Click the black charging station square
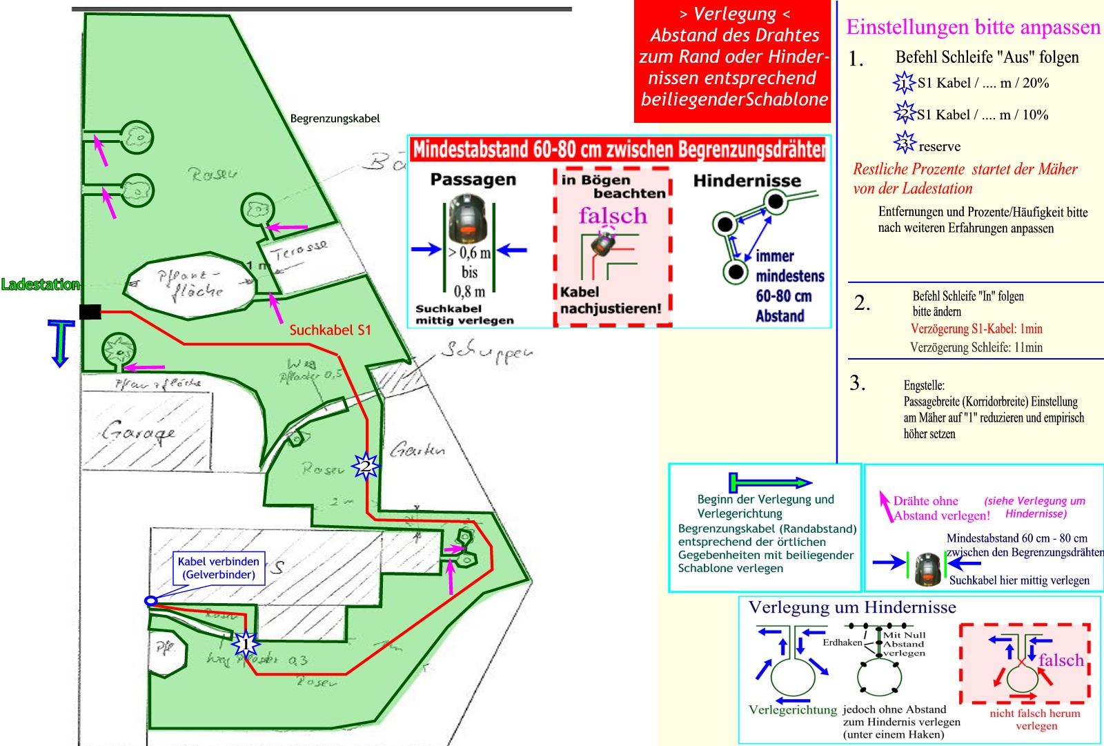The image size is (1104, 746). (90, 312)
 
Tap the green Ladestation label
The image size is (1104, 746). (40, 284)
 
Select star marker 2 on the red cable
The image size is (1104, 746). (365, 467)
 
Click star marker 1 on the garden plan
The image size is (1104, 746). (246, 645)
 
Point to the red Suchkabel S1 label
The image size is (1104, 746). (330, 330)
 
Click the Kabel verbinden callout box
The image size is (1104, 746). (219, 568)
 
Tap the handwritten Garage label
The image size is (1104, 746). (138, 433)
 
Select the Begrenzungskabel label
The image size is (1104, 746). (335, 119)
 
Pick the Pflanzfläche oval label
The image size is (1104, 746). (190, 284)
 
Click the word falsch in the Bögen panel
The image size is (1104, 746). (613, 216)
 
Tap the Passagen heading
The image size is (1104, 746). (473, 179)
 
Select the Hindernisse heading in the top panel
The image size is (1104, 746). (747, 181)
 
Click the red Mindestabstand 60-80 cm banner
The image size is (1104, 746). (618, 149)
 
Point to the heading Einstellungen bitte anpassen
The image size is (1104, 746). (973, 27)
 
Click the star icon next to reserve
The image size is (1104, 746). (904, 142)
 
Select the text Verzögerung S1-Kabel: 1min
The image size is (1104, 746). (976, 328)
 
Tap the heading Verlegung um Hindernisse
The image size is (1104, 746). (852, 607)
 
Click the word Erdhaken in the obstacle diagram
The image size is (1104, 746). (842, 642)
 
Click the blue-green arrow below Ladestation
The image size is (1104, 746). (61, 342)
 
